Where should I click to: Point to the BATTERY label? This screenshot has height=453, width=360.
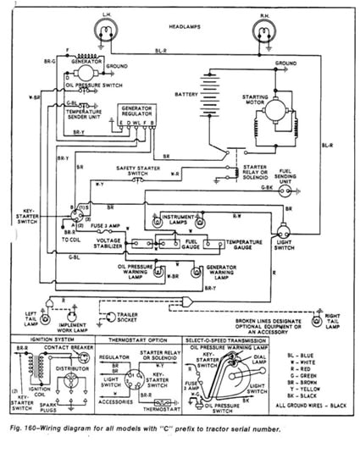tap(186, 95)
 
